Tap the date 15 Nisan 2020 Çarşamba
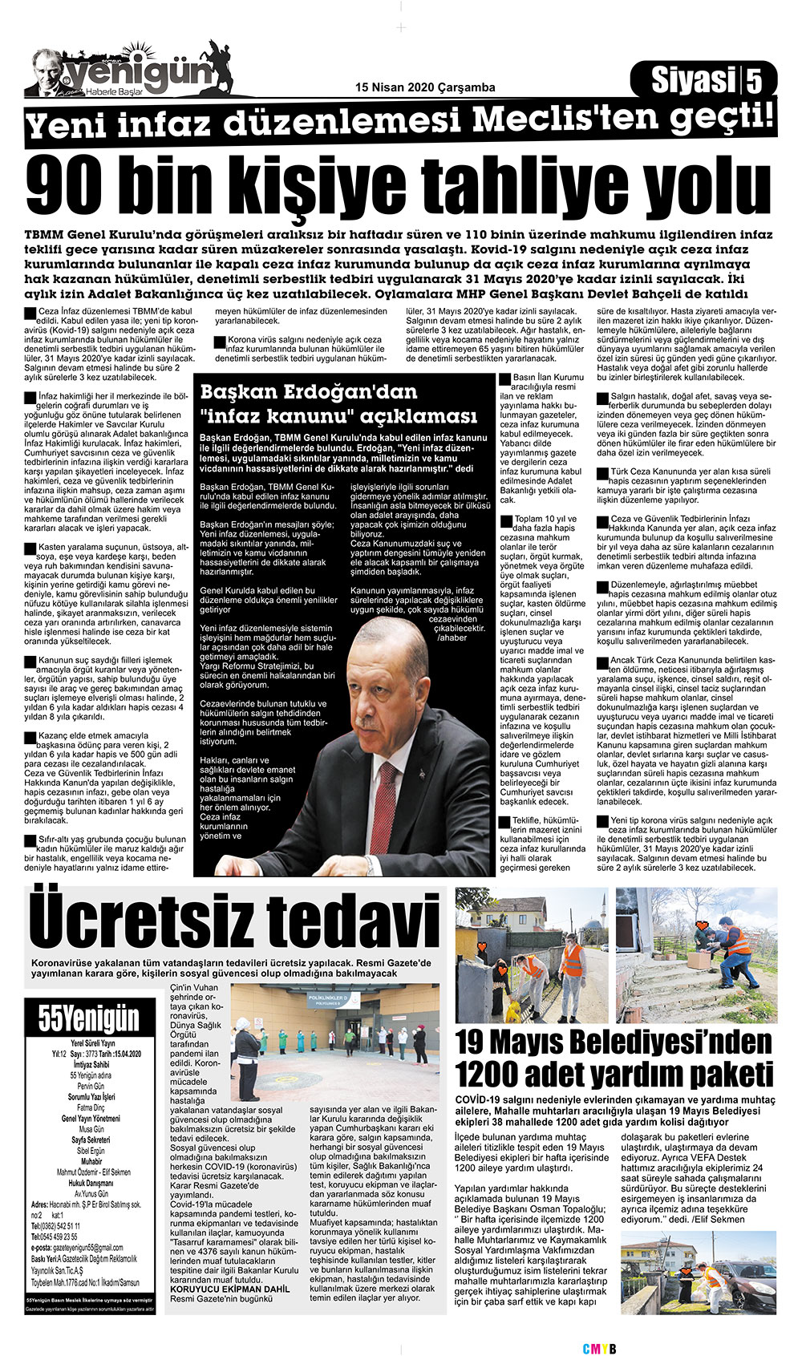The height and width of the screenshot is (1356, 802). [x=425, y=87]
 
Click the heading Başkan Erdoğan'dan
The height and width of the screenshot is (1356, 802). [x=309, y=392]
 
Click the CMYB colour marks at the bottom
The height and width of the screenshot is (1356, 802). [x=598, y=1349]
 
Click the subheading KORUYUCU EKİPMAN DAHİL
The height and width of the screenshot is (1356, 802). [x=225, y=1289]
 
